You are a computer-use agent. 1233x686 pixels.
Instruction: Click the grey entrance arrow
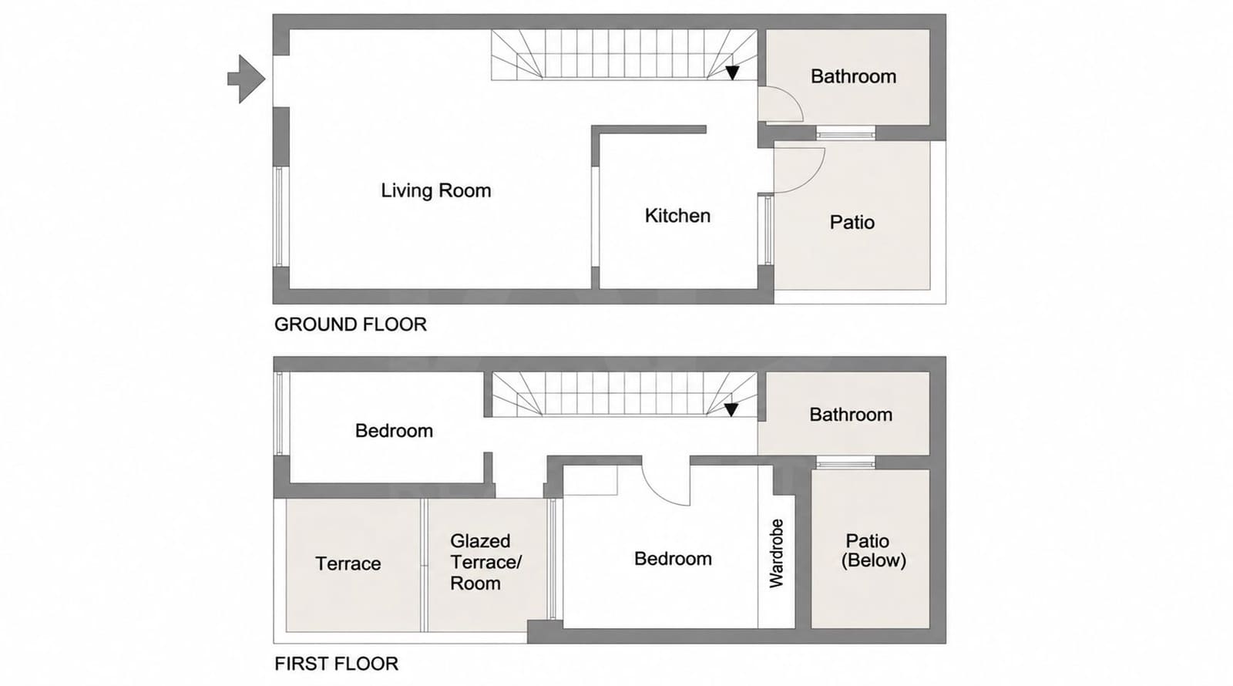[246, 79]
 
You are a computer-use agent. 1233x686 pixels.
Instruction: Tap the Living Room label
[436, 190]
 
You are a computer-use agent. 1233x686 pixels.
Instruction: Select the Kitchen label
[677, 215]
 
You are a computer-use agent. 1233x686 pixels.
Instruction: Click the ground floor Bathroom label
[853, 76]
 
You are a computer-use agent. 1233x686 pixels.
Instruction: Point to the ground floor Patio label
[852, 223]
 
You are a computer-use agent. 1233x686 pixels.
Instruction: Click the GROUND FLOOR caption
[351, 325]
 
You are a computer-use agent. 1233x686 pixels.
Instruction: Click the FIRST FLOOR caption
[336, 664]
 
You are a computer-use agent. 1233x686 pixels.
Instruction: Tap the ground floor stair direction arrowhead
[732, 72]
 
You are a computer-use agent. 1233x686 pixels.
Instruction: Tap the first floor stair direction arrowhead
[731, 409]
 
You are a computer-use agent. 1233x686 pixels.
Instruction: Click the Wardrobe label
[776, 553]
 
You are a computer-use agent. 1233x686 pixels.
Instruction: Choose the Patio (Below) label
[873, 550]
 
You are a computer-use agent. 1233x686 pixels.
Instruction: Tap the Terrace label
[348, 563]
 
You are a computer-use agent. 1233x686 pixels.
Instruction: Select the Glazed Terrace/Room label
[485, 562]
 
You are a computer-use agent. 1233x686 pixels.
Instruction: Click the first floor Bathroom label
[851, 414]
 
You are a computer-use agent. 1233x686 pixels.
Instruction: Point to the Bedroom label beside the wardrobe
[673, 559]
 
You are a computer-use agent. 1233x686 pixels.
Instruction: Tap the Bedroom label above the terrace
[394, 431]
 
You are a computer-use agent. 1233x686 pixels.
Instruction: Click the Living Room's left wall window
[279, 217]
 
